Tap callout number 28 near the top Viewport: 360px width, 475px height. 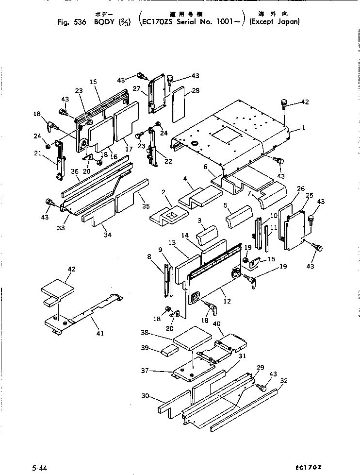(x=196, y=91)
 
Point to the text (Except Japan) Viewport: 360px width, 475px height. (x=274, y=21)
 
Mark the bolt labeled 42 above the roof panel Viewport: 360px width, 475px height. (x=284, y=104)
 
